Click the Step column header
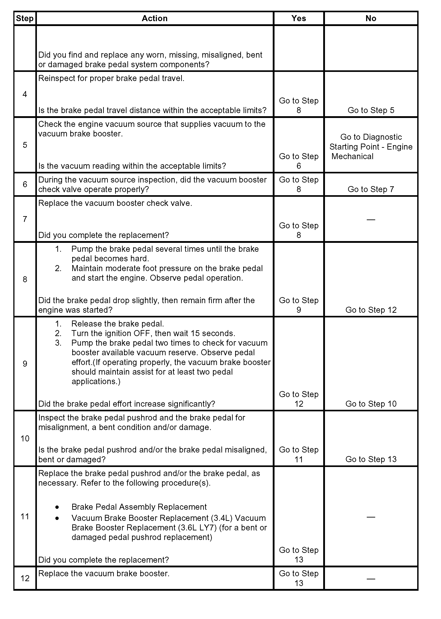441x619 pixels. (x=25, y=18)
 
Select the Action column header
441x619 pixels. (x=154, y=18)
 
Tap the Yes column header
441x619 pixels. (x=299, y=18)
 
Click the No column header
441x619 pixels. (x=371, y=18)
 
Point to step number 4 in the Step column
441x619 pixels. (x=25, y=94)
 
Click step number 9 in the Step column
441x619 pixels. (x=25, y=363)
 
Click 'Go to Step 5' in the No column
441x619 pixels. (x=371, y=110)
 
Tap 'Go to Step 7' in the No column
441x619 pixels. (x=371, y=189)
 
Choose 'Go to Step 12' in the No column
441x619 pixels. (x=371, y=310)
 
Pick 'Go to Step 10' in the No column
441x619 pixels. (x=371, y=404)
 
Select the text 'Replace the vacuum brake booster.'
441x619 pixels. (x=104, y=573)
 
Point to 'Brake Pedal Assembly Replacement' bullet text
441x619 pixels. (x=139, y=507)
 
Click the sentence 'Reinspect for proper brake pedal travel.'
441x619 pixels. (x=111, y=78)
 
